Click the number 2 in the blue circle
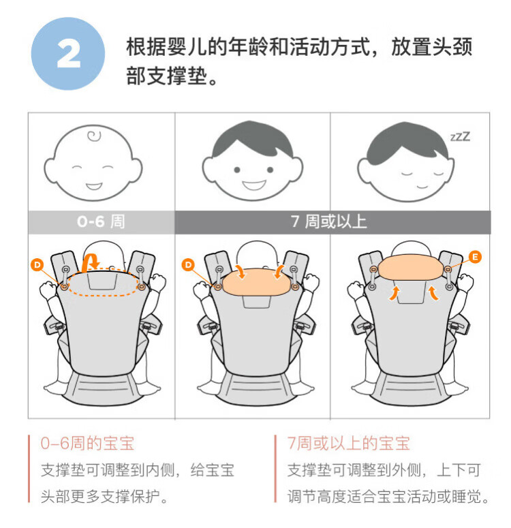pyautogui.click(x=69, y=54)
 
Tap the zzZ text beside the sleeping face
pyautogui.click(x=460, y=136)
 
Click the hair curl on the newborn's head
pyautogui.click(x=94, y=136)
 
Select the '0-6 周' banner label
pyautogui.click(x=101, y=221)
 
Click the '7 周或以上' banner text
pyautogui.click(x=328, y=221)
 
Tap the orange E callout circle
pyautogui.click(x=475, y=257)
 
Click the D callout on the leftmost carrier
pyautogui.click(x=37, y=264)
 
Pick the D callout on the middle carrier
pyautogui.click(x=188, y=264)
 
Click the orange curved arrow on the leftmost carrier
pyautogui.click(x=90, y=262)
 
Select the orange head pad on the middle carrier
pyautogui.click(x=255, y=282)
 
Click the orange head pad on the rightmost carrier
pyautogui.click(x=410, y=267)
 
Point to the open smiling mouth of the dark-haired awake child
pyautogui.click(x=254, y=185)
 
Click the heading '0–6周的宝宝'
pyautogui.click(x=87, y=443)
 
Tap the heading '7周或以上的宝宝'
pyautogui.click(x=348, y=443)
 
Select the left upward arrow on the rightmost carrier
pyautogui.click(x=394, y=293)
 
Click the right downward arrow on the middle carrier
pyautogui.click(x=279, y=272)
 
